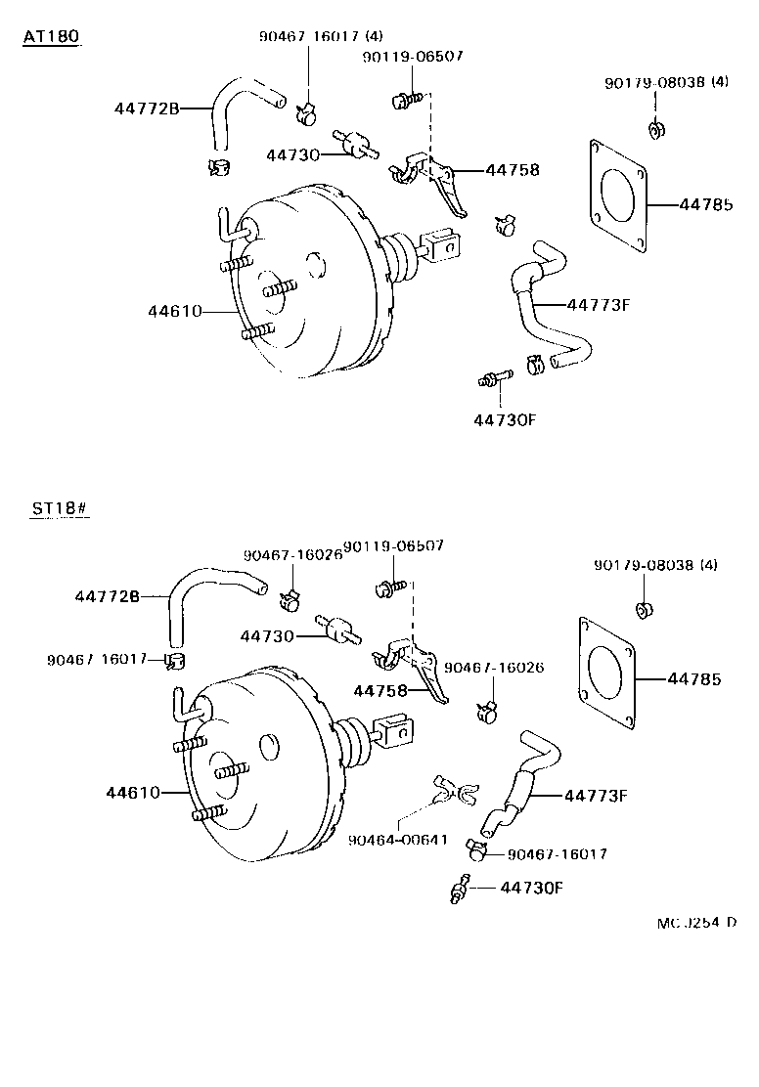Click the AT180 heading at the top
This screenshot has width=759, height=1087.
pos(51,36)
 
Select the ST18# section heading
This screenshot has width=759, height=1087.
pos(59,509)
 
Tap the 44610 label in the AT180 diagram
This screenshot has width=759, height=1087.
pos(175,312)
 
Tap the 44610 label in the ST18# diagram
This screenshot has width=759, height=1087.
pos(133,792)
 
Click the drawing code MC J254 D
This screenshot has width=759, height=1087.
pos(696,921)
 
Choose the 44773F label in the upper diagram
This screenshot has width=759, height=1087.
pos(596,304)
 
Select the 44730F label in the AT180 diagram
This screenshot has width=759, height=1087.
pos(506,420)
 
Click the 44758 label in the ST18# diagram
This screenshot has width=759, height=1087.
pos(379,691)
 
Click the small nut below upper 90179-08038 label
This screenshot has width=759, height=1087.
pos(654,128)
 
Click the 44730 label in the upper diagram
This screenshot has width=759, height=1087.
pos(290,155)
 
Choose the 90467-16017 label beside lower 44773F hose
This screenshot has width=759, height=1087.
pos(558,854)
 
